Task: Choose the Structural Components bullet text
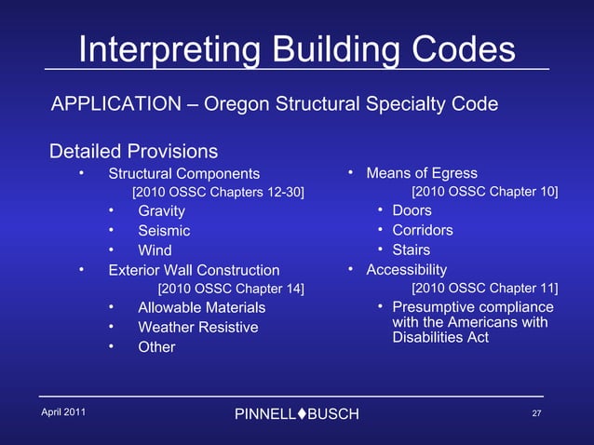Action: [x=184, y=174]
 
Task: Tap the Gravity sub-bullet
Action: [x=161, y=211]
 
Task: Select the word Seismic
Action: [x=164, y=230]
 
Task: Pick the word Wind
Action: [x=155, y=249]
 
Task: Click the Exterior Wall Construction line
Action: [x=194, y=270]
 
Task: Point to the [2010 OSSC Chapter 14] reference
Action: [x=231, y=289]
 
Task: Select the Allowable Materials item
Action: [x=201, y=307]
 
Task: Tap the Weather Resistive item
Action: [x=197, y=327]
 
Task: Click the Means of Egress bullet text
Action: [x=422, y=173]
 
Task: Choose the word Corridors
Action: [x=423, y=230]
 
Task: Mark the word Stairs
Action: [x=411, y=249]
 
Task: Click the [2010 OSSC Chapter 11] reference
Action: [x=485, y=289]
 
